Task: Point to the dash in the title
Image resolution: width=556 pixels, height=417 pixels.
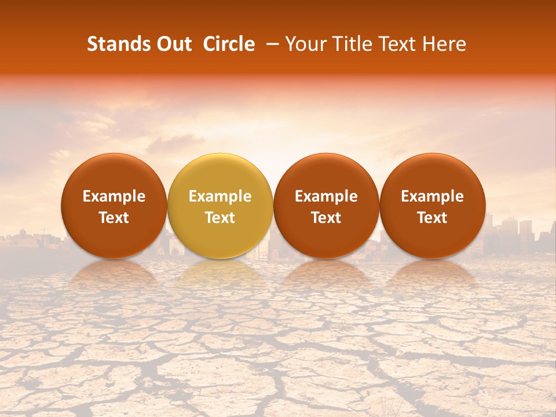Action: click(x=273, y=44)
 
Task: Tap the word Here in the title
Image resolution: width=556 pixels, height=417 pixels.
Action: click(x=447, y=44)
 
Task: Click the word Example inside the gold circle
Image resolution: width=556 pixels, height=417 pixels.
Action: click(x=220, y=197)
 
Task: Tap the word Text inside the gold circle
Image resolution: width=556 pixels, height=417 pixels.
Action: click(x=220, y=218)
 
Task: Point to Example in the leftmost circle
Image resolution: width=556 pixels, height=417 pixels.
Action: click(x=114, y=197)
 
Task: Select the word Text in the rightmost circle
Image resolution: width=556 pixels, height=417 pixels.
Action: click(x=433, y=218)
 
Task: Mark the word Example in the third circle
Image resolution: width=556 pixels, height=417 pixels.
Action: click(x=326, y=197)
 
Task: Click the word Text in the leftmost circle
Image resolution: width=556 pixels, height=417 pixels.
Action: click(x=114, y=218)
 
